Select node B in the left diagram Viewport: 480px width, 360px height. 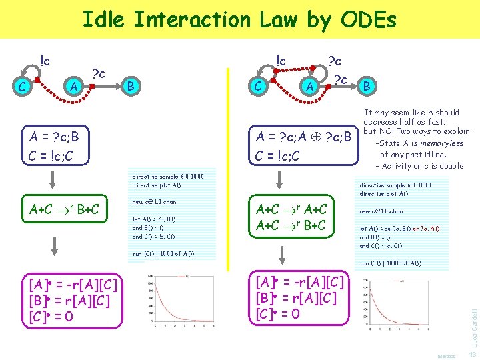[132, 85]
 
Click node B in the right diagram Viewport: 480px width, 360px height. [368, 85]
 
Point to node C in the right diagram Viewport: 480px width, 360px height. [257, 85]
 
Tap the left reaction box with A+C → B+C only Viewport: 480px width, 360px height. [64, 209]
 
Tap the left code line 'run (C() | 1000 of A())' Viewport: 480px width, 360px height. [163, 254]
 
